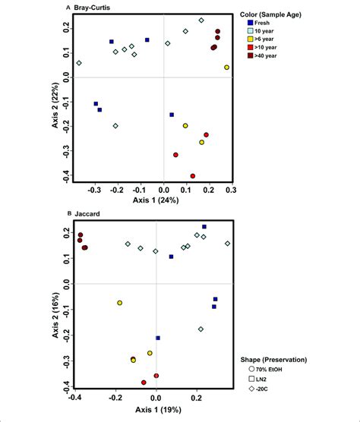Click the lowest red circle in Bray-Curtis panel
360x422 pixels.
pyautogui.click(x=192, y=175)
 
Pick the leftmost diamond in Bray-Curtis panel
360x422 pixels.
pyautogui.click(x=79, y=63)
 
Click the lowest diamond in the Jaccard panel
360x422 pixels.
pyautogui.click(x=201, y=329)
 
